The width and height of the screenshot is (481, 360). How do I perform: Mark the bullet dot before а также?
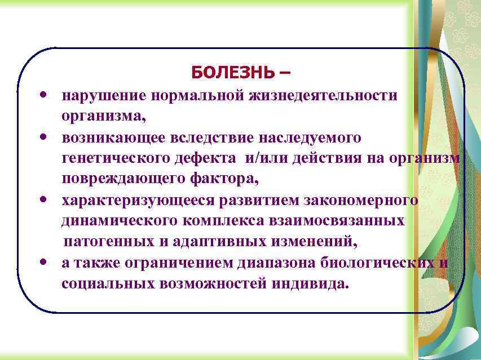pyautogui.click(x=43, y=263)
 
